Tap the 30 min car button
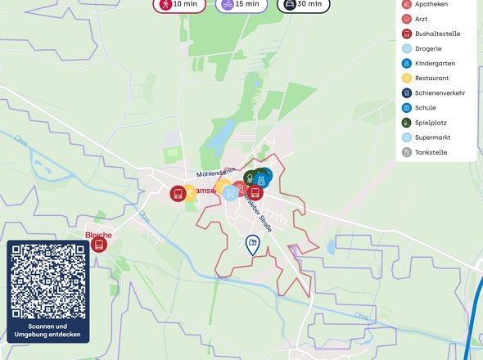pos(304,4)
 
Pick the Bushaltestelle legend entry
pos(436,34)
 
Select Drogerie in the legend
pos(428,48)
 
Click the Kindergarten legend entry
pos(435,63)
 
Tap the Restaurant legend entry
pos(431,78)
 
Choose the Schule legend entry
pos(425,107)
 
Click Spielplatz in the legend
pos(431,122)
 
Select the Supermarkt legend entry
pos(432,137)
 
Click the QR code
pos(48,281)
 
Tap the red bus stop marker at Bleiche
pos(99,244)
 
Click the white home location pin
pos(253,244)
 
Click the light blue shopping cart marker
pos(232,193)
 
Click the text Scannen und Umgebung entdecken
pos(48,331)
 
